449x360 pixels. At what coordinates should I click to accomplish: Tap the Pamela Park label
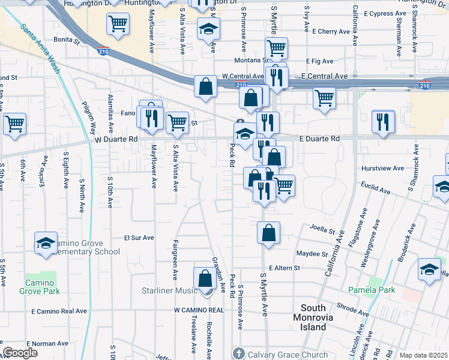372,290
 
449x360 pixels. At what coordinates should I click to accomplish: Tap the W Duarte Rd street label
116,139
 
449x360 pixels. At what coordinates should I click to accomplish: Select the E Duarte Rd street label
320,138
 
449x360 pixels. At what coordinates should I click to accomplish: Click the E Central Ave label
325,76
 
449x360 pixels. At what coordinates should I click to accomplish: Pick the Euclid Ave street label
376,189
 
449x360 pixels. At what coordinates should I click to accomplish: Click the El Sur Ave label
139,238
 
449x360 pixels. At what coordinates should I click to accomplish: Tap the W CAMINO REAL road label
199,310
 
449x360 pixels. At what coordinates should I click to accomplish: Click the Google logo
20,353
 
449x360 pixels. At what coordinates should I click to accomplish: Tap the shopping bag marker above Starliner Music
205,279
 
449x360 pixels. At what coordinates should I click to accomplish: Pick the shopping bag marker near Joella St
269,232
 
